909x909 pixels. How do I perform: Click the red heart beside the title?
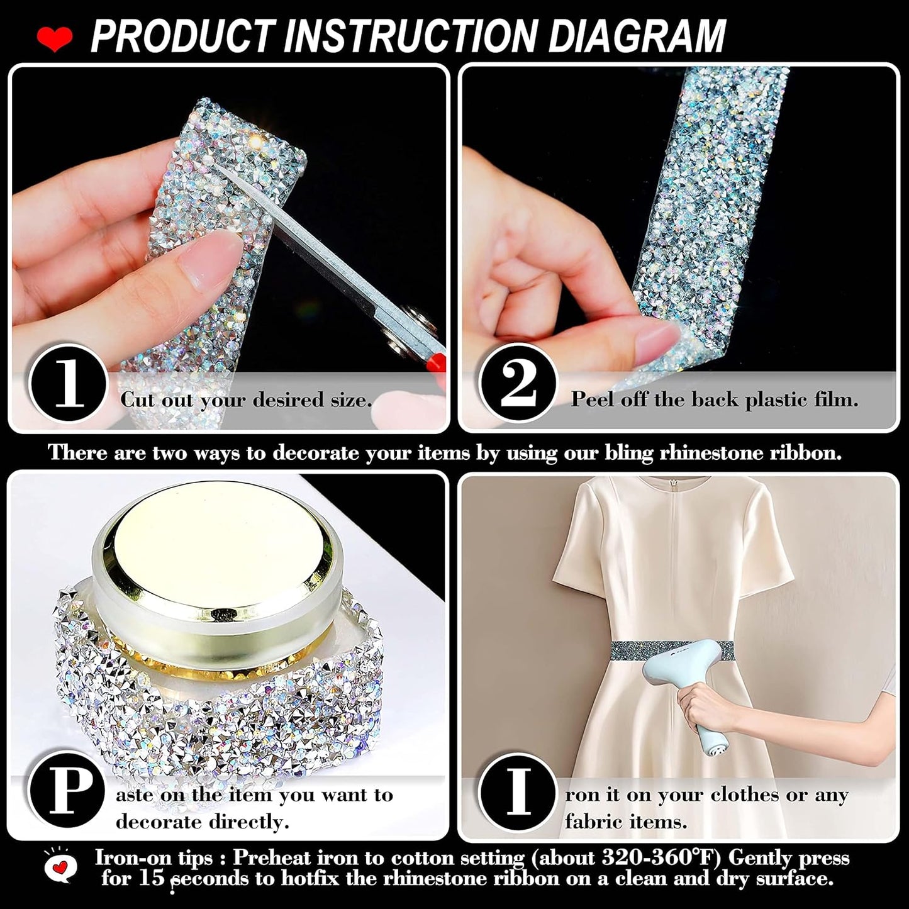[55, 40]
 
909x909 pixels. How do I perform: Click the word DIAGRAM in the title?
[637, 36]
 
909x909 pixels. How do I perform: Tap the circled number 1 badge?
[68, 383]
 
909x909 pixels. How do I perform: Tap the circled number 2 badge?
[518, 383]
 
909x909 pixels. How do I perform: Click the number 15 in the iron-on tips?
[151, 878]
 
